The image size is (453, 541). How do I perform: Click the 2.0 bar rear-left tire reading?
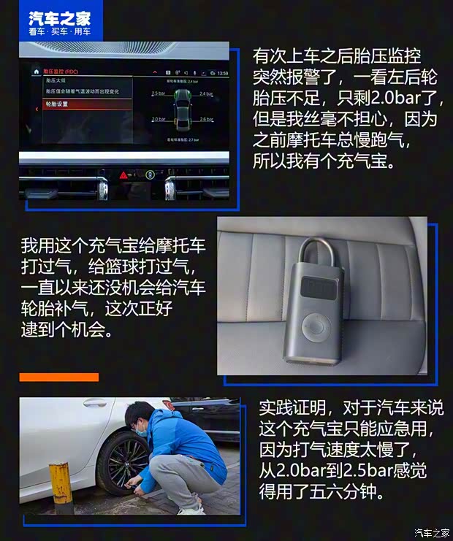(x=158, y=119)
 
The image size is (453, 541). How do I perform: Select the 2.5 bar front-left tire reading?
(x=158, y=93)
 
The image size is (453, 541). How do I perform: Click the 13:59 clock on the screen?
(x=223, y=73)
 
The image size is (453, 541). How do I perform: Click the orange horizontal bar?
(x=58, y=377)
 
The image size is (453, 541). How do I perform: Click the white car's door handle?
(x=93, y=402)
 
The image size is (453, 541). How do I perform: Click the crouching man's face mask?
(x=140, y=431)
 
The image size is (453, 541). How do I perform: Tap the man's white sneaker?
(x=191, y=508)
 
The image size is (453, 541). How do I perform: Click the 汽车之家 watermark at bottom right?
(x=430, y=532)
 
